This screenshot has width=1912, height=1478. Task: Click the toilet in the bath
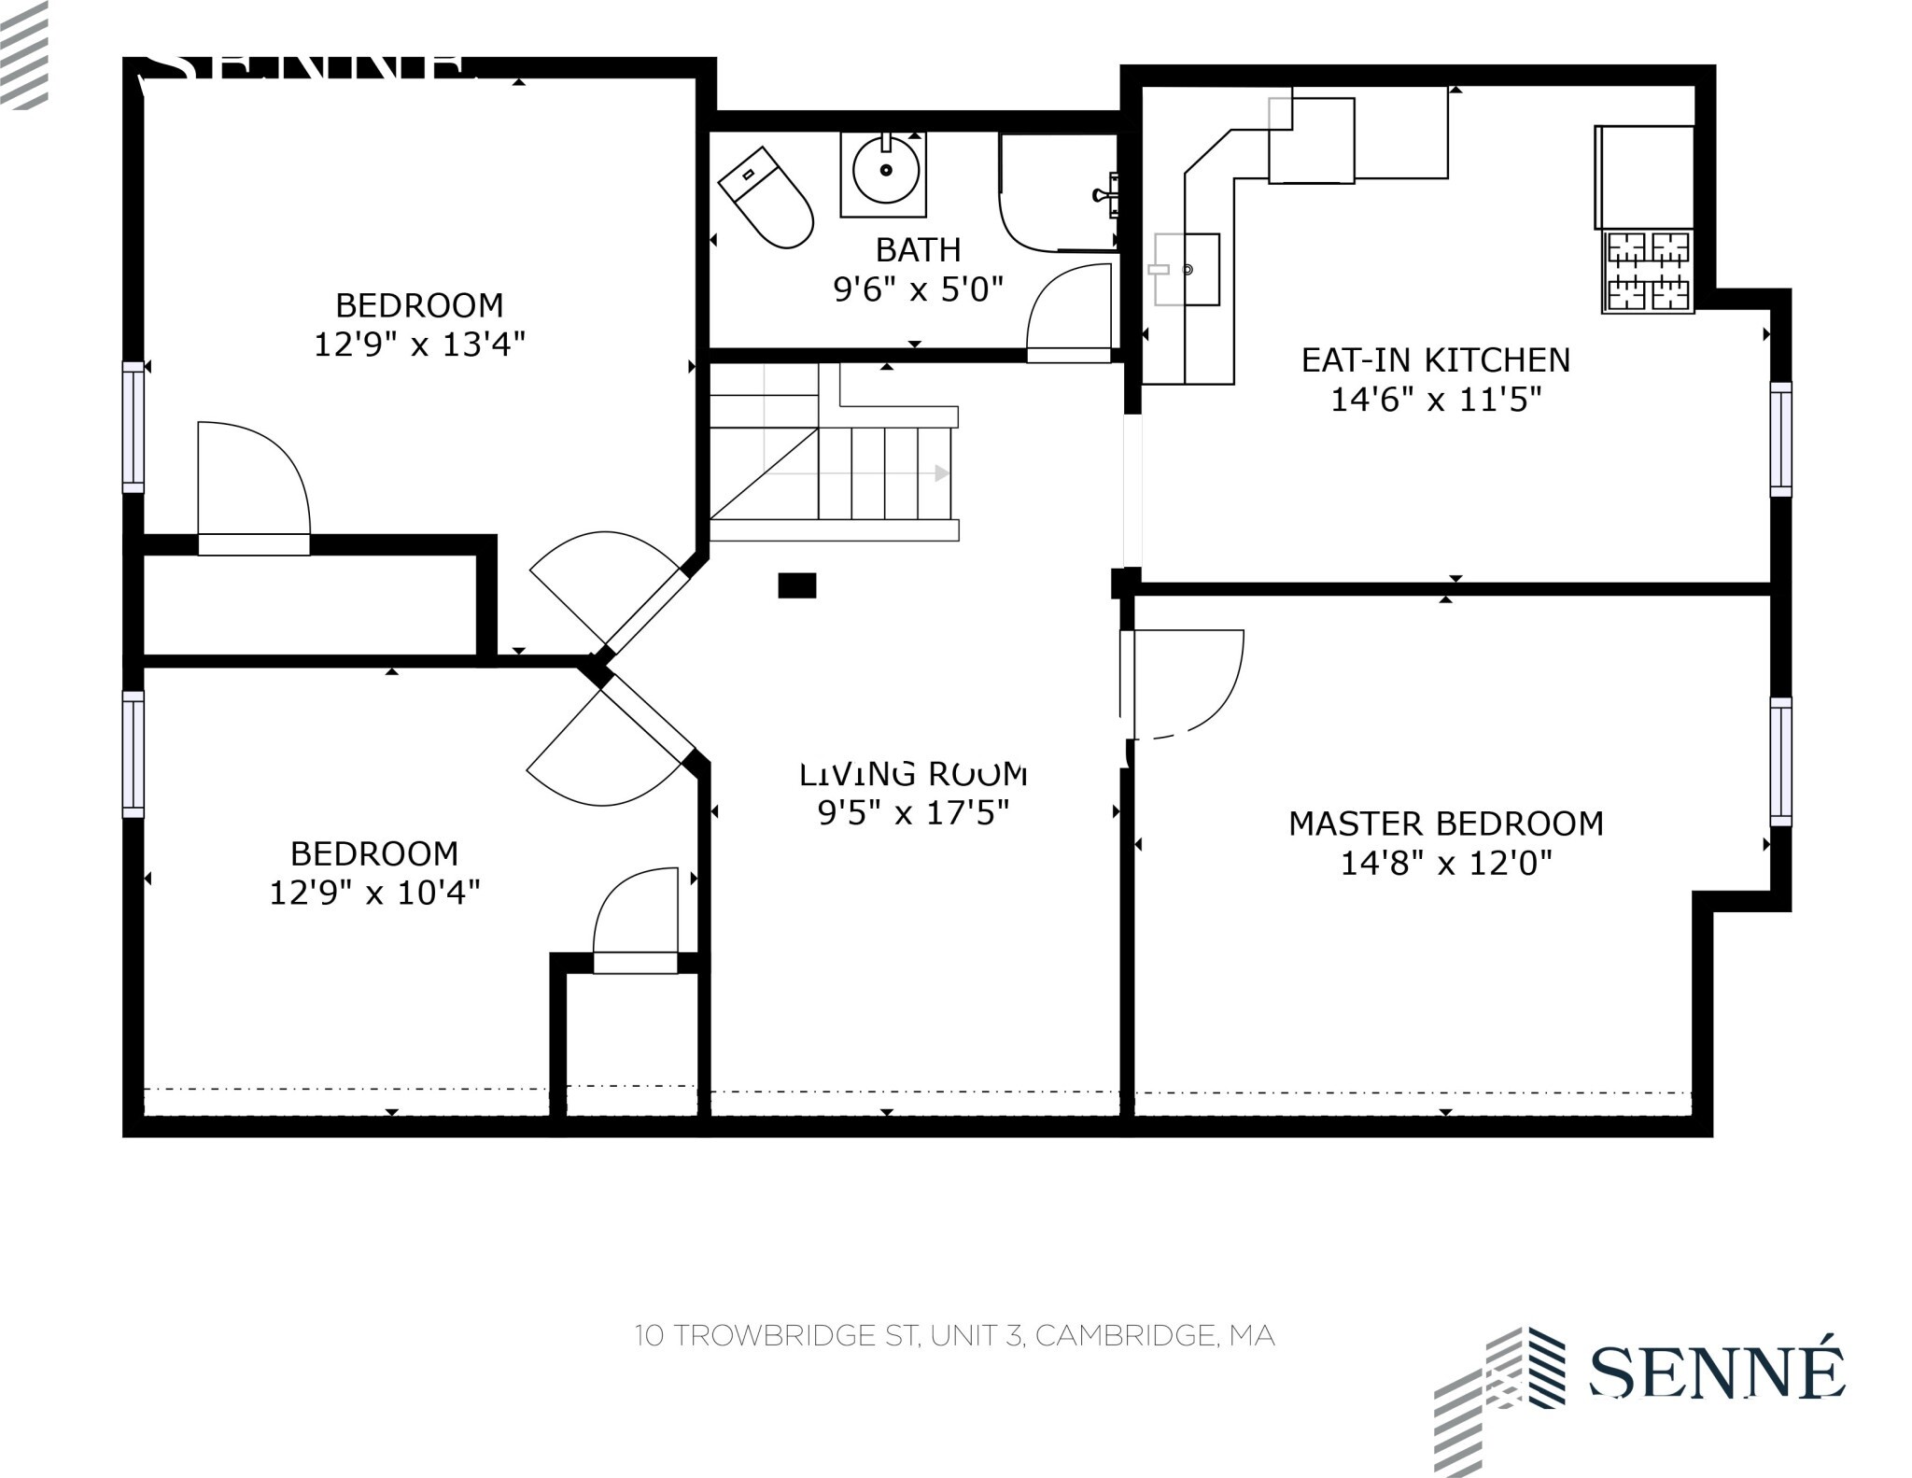pos(767,199)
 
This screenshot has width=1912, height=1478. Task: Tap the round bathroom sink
pos(884,171)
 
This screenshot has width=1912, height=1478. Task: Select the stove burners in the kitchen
pos(1648,272)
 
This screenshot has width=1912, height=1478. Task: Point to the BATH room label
pos(918,250)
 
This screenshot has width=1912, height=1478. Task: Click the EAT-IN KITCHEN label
pos(1435,360)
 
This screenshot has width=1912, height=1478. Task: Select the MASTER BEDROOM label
pos(1445,823)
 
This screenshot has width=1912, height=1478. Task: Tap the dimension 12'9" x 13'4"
pos(419,345)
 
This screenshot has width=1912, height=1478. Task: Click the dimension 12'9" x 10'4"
pos(374,894)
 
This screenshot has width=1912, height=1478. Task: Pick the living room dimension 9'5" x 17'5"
pos(913,813)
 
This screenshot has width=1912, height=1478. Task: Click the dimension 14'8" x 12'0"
pos(1445,863)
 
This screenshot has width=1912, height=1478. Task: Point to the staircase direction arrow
pos(941,473)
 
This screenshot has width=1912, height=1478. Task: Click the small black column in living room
pos(797,585)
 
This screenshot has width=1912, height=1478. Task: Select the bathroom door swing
pos(1069,310)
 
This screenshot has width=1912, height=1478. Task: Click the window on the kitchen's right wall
pos(1781,439)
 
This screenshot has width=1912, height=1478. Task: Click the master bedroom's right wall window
pos(1781,761)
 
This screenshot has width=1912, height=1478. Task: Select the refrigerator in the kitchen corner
pos(1644,177)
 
